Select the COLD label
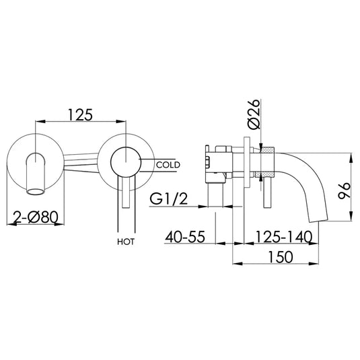click(x=167, y=164)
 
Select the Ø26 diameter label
click(x=254, y=116)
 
